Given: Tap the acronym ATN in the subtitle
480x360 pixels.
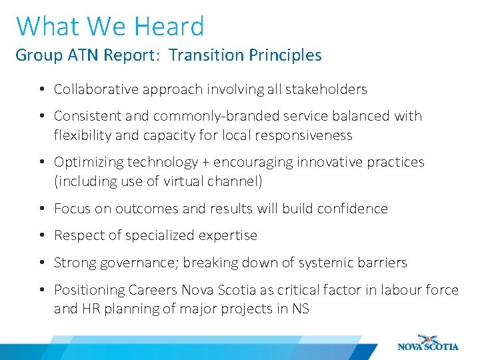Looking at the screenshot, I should [x=83, y=55].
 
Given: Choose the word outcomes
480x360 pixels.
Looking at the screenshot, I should [x=147, y=209].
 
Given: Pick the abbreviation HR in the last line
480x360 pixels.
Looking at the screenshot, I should [x=90, y=309].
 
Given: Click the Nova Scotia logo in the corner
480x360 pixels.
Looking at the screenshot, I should [x=427, y=343].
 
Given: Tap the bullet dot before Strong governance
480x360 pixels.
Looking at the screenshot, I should [x=41, y=263].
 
